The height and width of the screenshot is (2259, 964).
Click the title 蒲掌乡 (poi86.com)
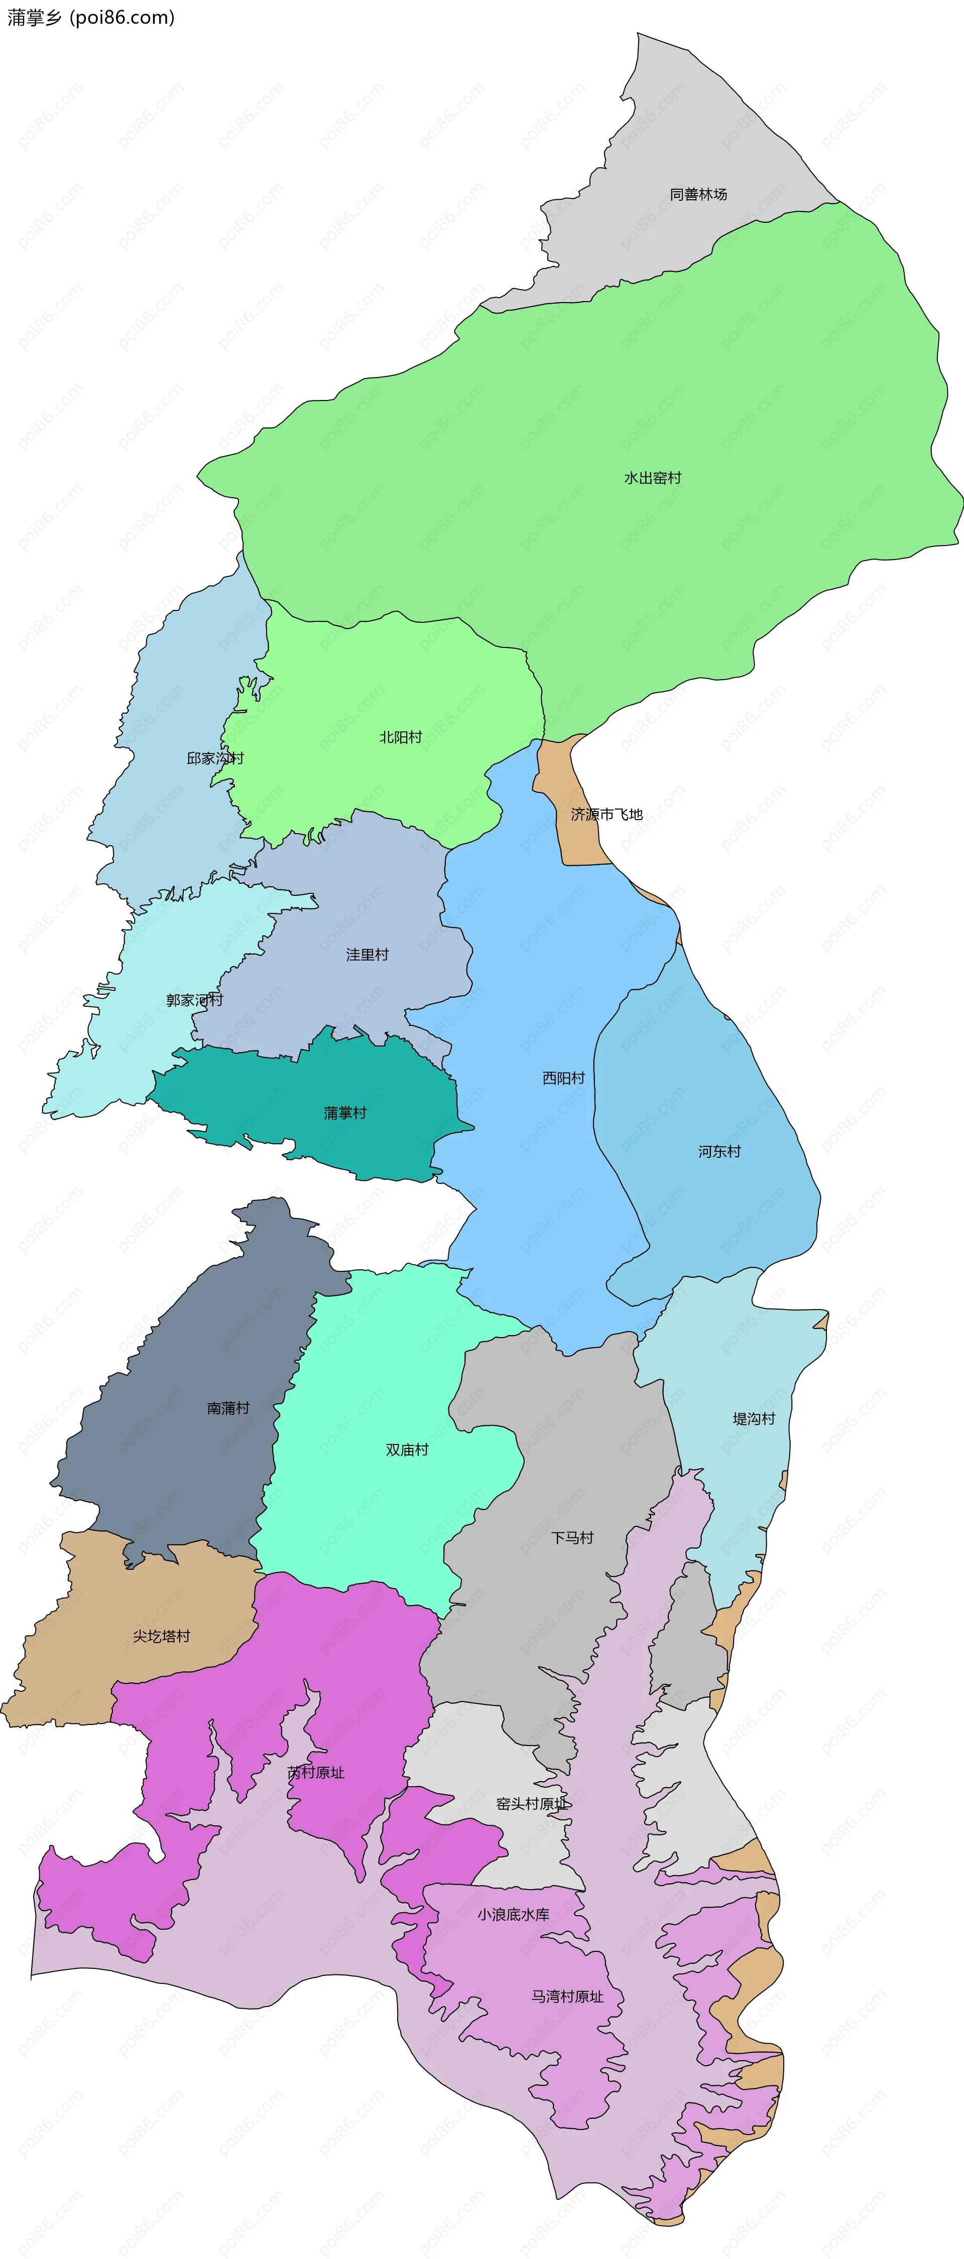click(91, 18)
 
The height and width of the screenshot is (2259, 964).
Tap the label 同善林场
click(698, 195)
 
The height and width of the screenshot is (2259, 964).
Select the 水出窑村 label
click(653, 478)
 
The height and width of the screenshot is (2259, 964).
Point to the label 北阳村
click(401, 737)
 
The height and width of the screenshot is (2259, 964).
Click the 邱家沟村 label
click(215, 758)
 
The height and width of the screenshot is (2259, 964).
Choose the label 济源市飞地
click(607, 815)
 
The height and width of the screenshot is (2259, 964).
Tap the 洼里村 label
click(367, 955)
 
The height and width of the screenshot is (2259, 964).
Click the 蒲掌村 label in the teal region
click(345, 1114)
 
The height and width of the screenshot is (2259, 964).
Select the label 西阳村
click(563, 1079)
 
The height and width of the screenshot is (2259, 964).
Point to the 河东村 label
click(719, 1152)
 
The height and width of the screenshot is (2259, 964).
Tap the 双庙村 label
click(407, 1450)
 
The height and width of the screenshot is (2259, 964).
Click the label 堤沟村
click(754, 1419)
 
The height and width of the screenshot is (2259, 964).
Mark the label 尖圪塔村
click(161, 1636)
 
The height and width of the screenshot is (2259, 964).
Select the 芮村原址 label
click(316, 1773)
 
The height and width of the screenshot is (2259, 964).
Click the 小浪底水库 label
click(513, 1915)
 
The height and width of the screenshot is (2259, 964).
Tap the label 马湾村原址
click(567, 1997)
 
